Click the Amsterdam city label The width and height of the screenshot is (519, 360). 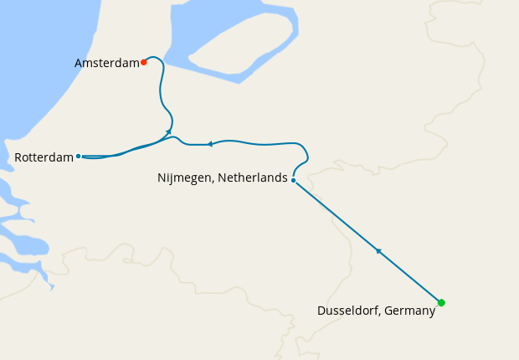[x=106, y=63]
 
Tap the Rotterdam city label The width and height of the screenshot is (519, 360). [x=44, y=157]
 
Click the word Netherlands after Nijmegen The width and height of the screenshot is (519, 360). [x=254, y=177]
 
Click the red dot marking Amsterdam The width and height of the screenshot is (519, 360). [x=144, y=61]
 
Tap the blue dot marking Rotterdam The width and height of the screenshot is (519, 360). [x=78, y=156]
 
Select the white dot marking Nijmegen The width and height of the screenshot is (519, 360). [x=293, y=179]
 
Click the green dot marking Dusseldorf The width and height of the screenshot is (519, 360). [x=441, y=302]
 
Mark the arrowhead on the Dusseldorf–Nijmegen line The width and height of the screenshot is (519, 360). [x=378, y=250]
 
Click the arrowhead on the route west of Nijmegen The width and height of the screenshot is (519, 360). [x=210, y=144]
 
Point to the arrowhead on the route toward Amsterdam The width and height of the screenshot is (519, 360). [x=168, y=131]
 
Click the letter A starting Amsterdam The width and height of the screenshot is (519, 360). [x=79, y=63]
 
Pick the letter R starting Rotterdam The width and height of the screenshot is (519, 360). [x=18, y=157]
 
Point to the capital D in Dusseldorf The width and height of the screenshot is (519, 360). [x=321, y=311]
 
